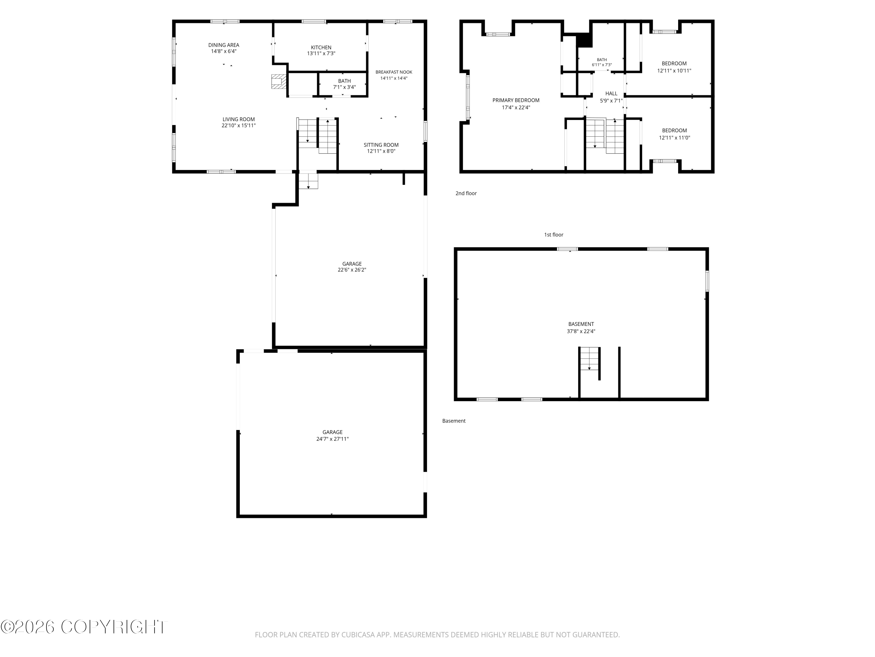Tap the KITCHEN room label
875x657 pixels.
pos(321,48)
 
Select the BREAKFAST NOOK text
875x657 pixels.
pos(394,72)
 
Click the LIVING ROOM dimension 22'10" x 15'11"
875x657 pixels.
pos(239,126)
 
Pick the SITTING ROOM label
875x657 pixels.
pos(381,145)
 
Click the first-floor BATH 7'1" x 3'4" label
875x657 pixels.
pos(344,84)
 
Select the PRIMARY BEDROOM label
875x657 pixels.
pos(516,100)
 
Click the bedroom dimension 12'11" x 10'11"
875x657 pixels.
pos(674,71)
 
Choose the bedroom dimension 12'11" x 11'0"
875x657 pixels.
pos(674,138)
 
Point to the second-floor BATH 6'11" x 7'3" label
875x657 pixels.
pos(602,62)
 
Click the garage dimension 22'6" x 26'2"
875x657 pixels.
pos(352,270)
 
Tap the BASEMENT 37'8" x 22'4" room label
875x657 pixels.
pos(581,328)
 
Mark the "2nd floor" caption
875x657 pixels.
pos(466,193)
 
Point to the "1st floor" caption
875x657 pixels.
pos(554,235)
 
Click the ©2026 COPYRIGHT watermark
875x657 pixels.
pos(84,627)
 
